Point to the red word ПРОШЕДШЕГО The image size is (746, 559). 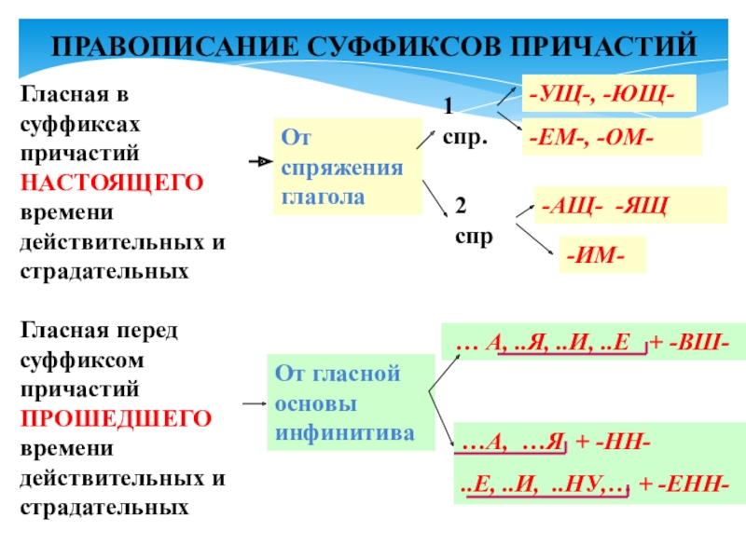point(117,417)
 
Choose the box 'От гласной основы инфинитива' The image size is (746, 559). point(350,403)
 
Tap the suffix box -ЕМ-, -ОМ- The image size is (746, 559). point(611,138)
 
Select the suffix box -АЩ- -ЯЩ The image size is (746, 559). point(616,206)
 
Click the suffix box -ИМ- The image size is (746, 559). point(601,253)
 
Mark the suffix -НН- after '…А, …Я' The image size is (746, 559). point(614,443)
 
